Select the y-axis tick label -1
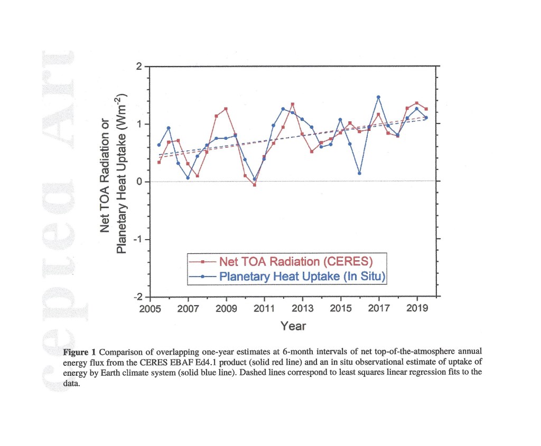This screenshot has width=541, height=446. point(138,240)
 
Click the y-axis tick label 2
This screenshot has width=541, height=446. point(139,67)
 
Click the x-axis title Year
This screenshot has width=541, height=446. point(293,326)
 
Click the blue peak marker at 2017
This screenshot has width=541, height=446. point(378,97)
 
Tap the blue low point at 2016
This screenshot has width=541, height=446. point(359,173)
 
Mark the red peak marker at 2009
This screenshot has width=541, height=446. point(226,109)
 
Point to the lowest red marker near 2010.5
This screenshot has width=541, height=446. point(255,185)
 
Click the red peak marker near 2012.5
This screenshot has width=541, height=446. point(293,104)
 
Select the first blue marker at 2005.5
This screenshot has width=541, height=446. point(159,145)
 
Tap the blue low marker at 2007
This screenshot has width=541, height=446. point(188,178)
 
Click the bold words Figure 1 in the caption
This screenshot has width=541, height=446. point(80,352)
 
